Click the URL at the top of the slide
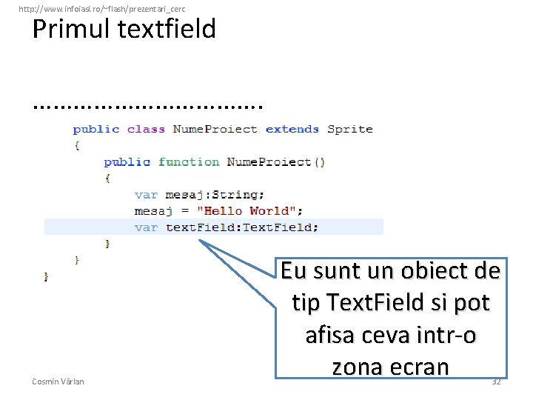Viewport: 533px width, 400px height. (102, 8)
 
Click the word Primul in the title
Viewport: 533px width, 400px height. (70, 30)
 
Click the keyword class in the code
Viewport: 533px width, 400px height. (146, 129)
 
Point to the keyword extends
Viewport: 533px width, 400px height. (292, 129)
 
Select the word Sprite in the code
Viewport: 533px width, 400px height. (350, 129)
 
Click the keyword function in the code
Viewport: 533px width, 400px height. (189, 161)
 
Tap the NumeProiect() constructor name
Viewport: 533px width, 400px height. (275, 161)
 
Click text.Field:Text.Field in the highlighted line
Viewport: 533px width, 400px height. (242, 227)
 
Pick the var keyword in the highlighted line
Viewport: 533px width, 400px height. (146, 227)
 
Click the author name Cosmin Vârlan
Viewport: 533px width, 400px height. (58, 381)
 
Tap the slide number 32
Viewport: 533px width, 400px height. (496, 381)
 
